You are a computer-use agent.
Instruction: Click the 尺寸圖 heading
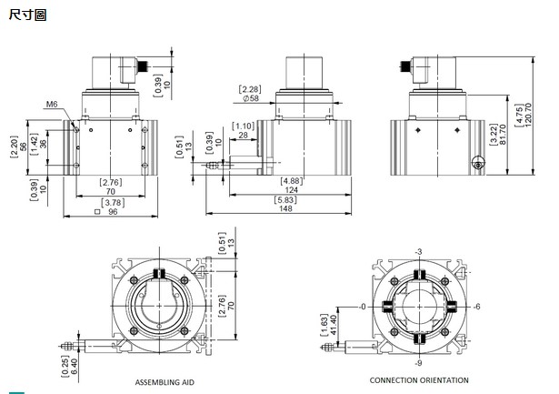[x=26, y=15]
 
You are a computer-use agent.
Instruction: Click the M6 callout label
[x=52, y=106]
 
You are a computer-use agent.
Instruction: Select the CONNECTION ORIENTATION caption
[x=419, y=379]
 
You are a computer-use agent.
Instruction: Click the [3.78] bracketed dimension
[x=112, y=202]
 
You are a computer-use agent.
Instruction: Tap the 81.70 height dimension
[x=504, y=142]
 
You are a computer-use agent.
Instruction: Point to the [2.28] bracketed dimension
[x=250, y=88]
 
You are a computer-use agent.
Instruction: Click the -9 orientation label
[x=419, y=363]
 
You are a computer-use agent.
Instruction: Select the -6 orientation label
[x=477, y=306]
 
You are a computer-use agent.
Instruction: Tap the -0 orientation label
[x=363, y=307]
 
